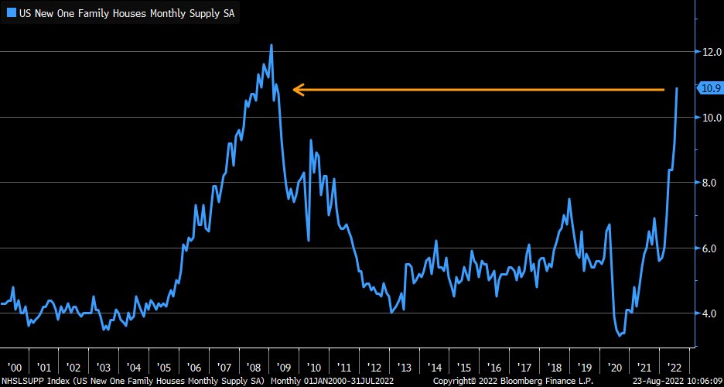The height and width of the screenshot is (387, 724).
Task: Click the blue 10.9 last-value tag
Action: tap(710, 88)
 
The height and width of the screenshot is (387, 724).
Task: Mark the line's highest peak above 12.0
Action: tap(271, 45)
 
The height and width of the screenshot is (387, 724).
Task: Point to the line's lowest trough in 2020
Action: tap(620, 336)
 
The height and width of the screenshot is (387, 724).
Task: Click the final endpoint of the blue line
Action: tap(678, 88)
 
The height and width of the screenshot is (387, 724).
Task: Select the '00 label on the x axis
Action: tap(13, 367)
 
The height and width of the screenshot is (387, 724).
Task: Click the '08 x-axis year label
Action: tap(254, 367)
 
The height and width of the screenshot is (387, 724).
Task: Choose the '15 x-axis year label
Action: tap(464, 367)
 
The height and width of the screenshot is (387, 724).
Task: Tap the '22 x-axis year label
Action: tap(674, 367)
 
